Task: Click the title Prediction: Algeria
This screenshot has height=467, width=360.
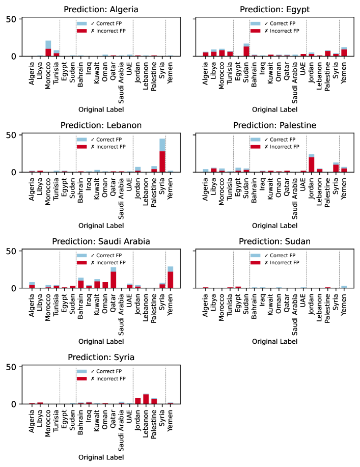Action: click(x=100, y=10)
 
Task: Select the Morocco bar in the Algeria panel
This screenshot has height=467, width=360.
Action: click(x=48, y=48)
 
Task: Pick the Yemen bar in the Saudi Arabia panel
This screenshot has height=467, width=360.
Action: click(x=170, y=278)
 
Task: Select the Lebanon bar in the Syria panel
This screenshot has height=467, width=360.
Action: click(x=146, y=399)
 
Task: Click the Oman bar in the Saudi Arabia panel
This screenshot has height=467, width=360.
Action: click(x=105, y=285)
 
